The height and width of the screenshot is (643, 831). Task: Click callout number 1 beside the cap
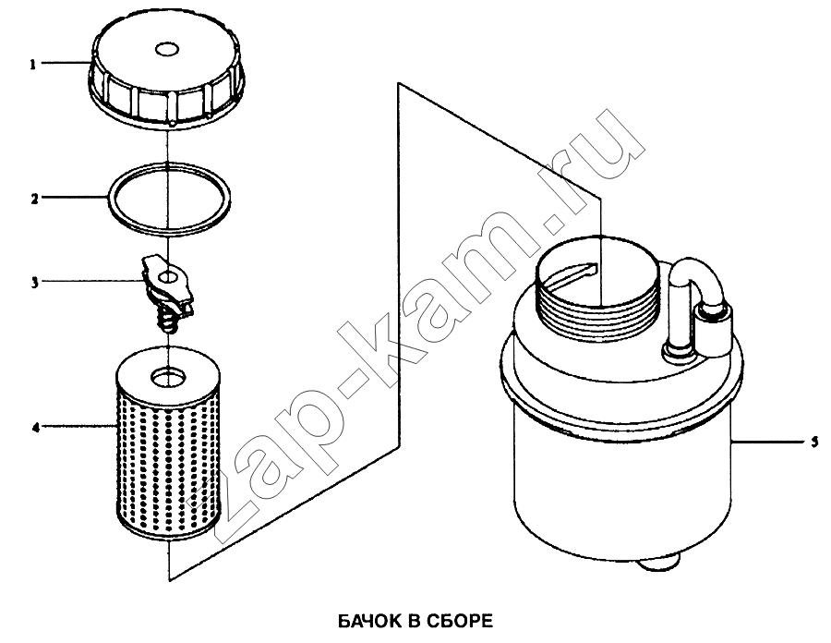[x=33, y=65]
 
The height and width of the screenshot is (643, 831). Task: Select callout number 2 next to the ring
[x=34, y=200]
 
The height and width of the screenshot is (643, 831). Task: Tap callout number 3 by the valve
[x=34, y=283]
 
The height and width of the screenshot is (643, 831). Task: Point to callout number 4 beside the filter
[x=35, y=427]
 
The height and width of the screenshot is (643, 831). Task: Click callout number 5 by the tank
[x=814, y=443]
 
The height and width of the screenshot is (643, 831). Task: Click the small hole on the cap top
[x=166, y=49]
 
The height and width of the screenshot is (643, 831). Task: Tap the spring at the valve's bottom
[x=167, y=322]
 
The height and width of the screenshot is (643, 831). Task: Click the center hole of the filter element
[x=169, y=378]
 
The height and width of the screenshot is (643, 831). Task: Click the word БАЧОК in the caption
[x=369, y=621]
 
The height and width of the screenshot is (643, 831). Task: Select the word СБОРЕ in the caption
[x=461, y=621]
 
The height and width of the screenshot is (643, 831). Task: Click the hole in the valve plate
[x=169, y=277]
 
